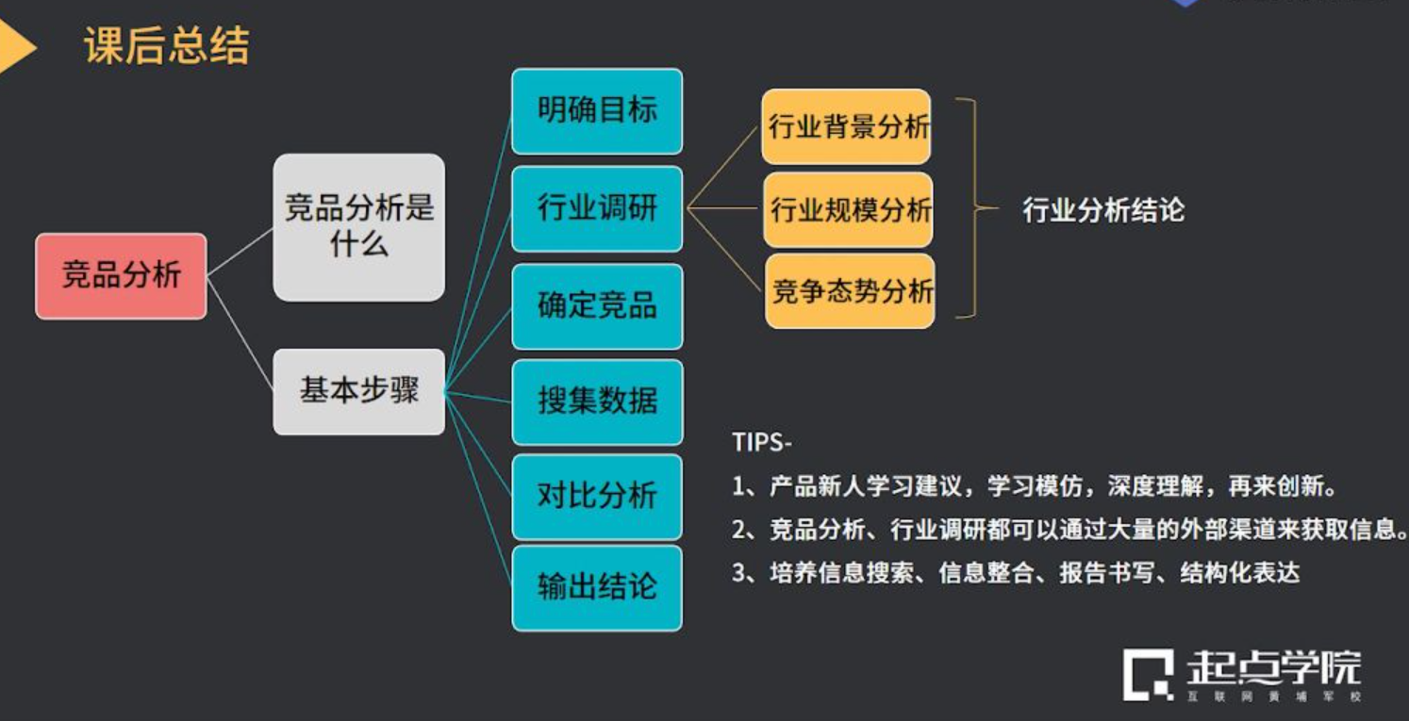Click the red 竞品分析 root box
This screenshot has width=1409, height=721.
121,276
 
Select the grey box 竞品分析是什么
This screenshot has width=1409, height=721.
358,227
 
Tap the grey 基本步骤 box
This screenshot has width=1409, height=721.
358,391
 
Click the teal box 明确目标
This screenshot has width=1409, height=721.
597,111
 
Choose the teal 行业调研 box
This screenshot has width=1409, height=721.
597,208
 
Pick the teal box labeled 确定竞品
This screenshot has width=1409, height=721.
597,306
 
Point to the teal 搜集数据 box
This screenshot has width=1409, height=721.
597,401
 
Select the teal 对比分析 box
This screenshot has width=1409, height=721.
597,496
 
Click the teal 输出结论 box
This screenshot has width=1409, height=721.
597,587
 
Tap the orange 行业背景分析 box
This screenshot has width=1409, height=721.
847,126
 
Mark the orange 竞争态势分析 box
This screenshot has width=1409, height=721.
850,290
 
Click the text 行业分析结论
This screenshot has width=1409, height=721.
1103,210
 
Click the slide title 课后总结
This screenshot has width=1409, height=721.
167,45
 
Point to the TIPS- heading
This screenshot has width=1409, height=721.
762,442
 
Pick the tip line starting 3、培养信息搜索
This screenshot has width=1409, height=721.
1016,573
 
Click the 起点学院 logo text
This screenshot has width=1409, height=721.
1273,666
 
